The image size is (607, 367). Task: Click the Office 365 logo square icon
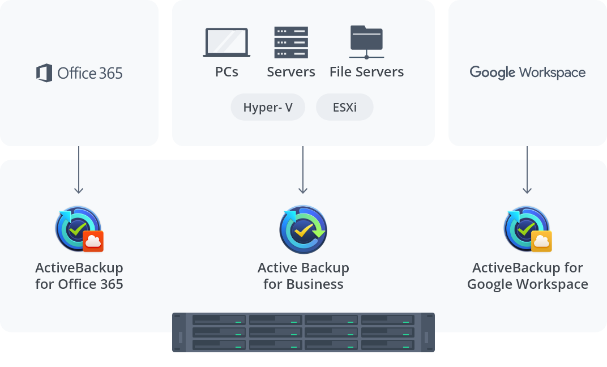(x=44, y=73)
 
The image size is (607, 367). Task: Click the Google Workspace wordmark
(x=527, y=72)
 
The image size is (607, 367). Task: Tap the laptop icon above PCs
(x=226, y=42)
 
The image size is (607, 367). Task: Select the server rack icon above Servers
(x=291, y=42)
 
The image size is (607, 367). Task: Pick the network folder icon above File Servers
(x=366, y=42)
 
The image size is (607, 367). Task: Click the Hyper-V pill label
(x=268, y=108)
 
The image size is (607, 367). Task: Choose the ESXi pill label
(x=344, y=108)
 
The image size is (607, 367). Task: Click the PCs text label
(x=226, y=72)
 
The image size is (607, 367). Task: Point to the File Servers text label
(x=366, y=72)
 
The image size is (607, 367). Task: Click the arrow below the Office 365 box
(x=79, y=170)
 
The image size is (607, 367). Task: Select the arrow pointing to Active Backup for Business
(x=303, y=170)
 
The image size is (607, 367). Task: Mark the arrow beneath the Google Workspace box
(x=527, y=170)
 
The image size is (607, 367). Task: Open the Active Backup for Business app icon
(x=303, y=230)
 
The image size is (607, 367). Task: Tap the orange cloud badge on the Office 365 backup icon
(x=93, y=241)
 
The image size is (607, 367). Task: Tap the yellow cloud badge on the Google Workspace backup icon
(x=541, y=241)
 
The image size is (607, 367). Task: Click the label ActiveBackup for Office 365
(x=79, y=276)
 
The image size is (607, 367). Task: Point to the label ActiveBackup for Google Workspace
(x=527, y=276)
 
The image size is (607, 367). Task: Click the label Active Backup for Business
(x=303, y=276)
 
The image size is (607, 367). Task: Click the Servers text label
(x=291, y=72)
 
